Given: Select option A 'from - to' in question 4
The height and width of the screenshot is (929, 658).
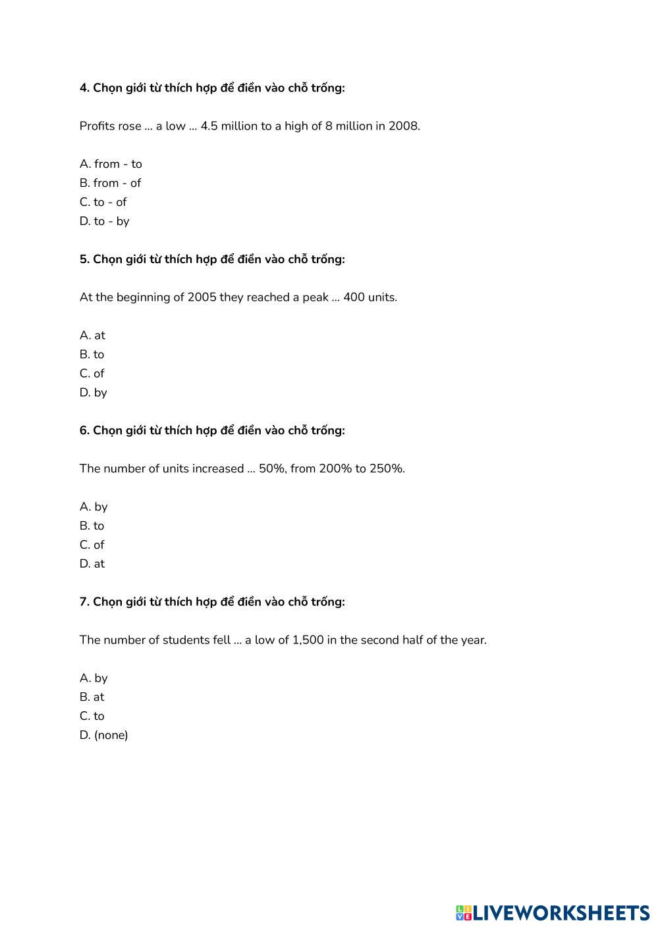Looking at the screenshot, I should pos(111,164).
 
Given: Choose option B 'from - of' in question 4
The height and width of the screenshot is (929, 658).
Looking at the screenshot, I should pos(110,183).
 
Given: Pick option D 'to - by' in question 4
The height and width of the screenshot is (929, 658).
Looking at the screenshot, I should pos(104,221).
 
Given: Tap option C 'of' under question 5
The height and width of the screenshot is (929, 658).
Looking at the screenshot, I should pos(92,373).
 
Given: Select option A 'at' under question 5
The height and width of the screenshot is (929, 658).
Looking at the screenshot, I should pos(92,335).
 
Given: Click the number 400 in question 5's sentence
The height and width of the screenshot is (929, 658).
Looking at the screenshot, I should pos(354,297).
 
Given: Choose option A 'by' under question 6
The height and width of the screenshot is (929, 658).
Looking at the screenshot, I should pos(94,507).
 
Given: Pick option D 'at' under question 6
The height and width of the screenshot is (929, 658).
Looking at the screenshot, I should pos(92,564).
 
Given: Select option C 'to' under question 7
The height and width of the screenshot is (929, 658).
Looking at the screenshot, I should pos(92,716).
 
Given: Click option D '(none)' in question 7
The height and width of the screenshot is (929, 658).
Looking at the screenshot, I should pos(103,735).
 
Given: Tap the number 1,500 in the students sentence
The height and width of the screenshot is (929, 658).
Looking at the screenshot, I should pos(308,640).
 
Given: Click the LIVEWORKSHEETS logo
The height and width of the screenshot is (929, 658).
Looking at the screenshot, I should pos(552,913).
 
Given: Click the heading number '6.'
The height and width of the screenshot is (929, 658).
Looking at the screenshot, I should pos(84,430).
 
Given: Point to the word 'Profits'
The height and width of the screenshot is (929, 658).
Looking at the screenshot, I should pos(97,126).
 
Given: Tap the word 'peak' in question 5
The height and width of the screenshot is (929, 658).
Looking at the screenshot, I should pos(315,297).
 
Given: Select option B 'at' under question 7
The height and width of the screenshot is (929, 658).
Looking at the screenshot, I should pos(92,697).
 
